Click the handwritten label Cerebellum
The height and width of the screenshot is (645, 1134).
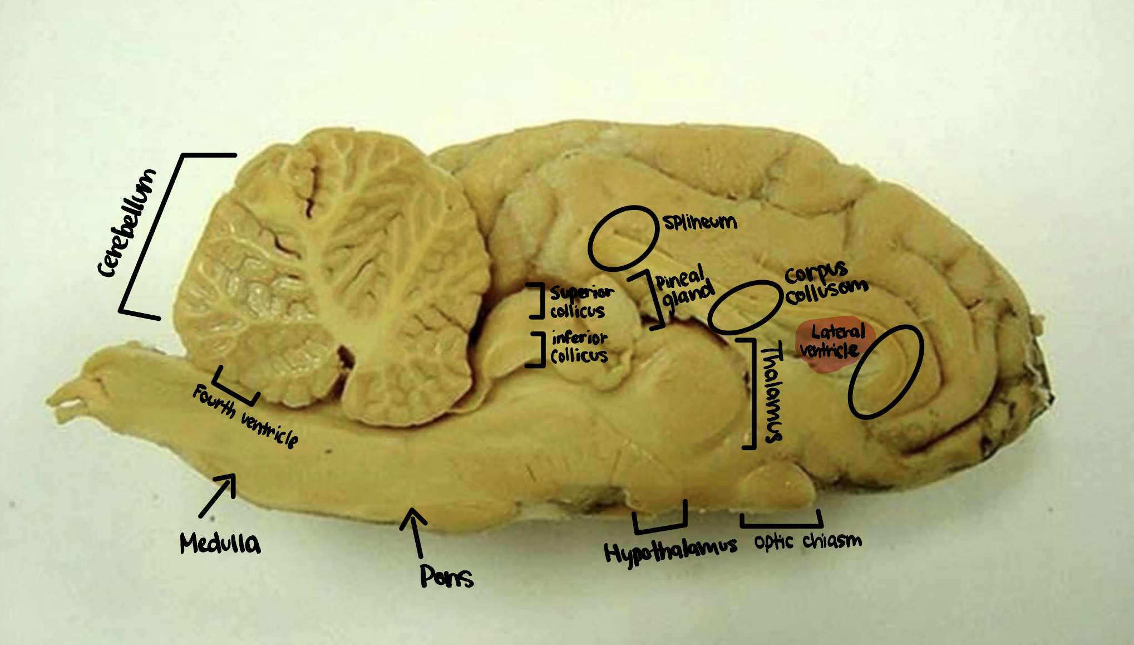[127, 223]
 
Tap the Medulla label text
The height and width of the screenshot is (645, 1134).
[220, 543]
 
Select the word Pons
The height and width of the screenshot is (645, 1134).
[446, 576]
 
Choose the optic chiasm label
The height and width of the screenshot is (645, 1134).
[808, 541]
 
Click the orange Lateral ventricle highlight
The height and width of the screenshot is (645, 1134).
[833, 344]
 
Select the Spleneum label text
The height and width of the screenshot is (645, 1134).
[700, 222]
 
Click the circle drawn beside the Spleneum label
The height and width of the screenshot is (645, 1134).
[623, 238]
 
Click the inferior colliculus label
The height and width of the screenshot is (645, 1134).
[579, 346]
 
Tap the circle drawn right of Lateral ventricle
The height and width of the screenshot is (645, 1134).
[885, 372]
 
